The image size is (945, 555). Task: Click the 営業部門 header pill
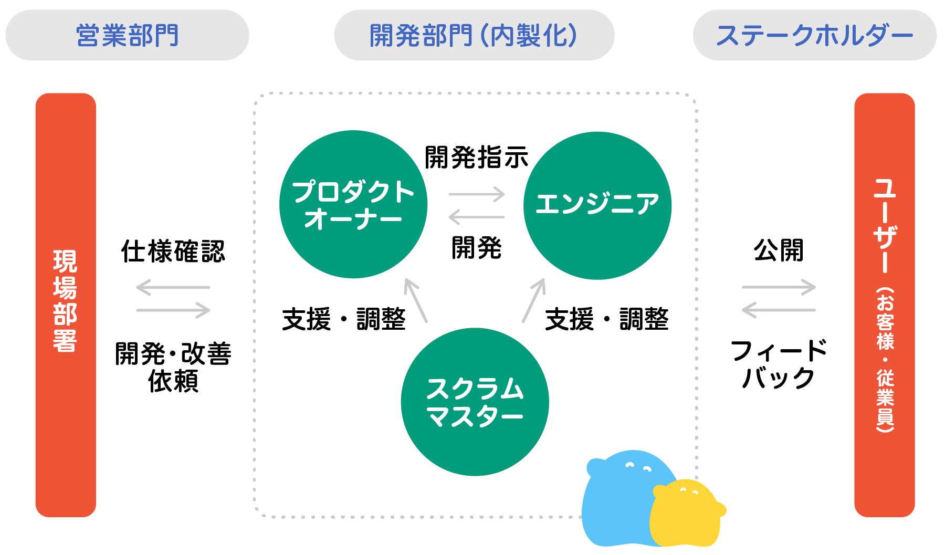[x=127, y=35]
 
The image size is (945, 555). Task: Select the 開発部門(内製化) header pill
[x=474, y=35]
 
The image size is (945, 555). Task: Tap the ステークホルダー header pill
[x=814, y=35]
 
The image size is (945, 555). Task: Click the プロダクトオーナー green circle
[x=353, y=205]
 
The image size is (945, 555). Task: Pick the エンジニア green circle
[x=597, y=205]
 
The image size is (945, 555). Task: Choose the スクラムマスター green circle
[x=475, y=402]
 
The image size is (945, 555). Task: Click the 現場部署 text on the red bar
[x=65, y=301]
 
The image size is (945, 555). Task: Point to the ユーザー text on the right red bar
[x=885, y=226]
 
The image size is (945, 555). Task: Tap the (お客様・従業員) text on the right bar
[x=885, y=360]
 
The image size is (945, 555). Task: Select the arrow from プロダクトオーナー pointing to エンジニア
[x=476, y=194]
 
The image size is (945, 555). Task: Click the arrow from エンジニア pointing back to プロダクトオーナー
[x=476, y=217]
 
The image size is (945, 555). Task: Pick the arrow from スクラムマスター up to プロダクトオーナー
[x=415, y=300]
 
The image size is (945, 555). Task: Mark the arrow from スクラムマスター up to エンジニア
[x=534, y=300]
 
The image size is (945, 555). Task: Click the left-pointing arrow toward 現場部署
[x=173, y=287]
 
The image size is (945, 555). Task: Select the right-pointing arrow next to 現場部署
[x=173, y=310]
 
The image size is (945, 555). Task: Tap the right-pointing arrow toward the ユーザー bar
[x=779, y=287]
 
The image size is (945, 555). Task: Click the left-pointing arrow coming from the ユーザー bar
[x=779, y=310]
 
